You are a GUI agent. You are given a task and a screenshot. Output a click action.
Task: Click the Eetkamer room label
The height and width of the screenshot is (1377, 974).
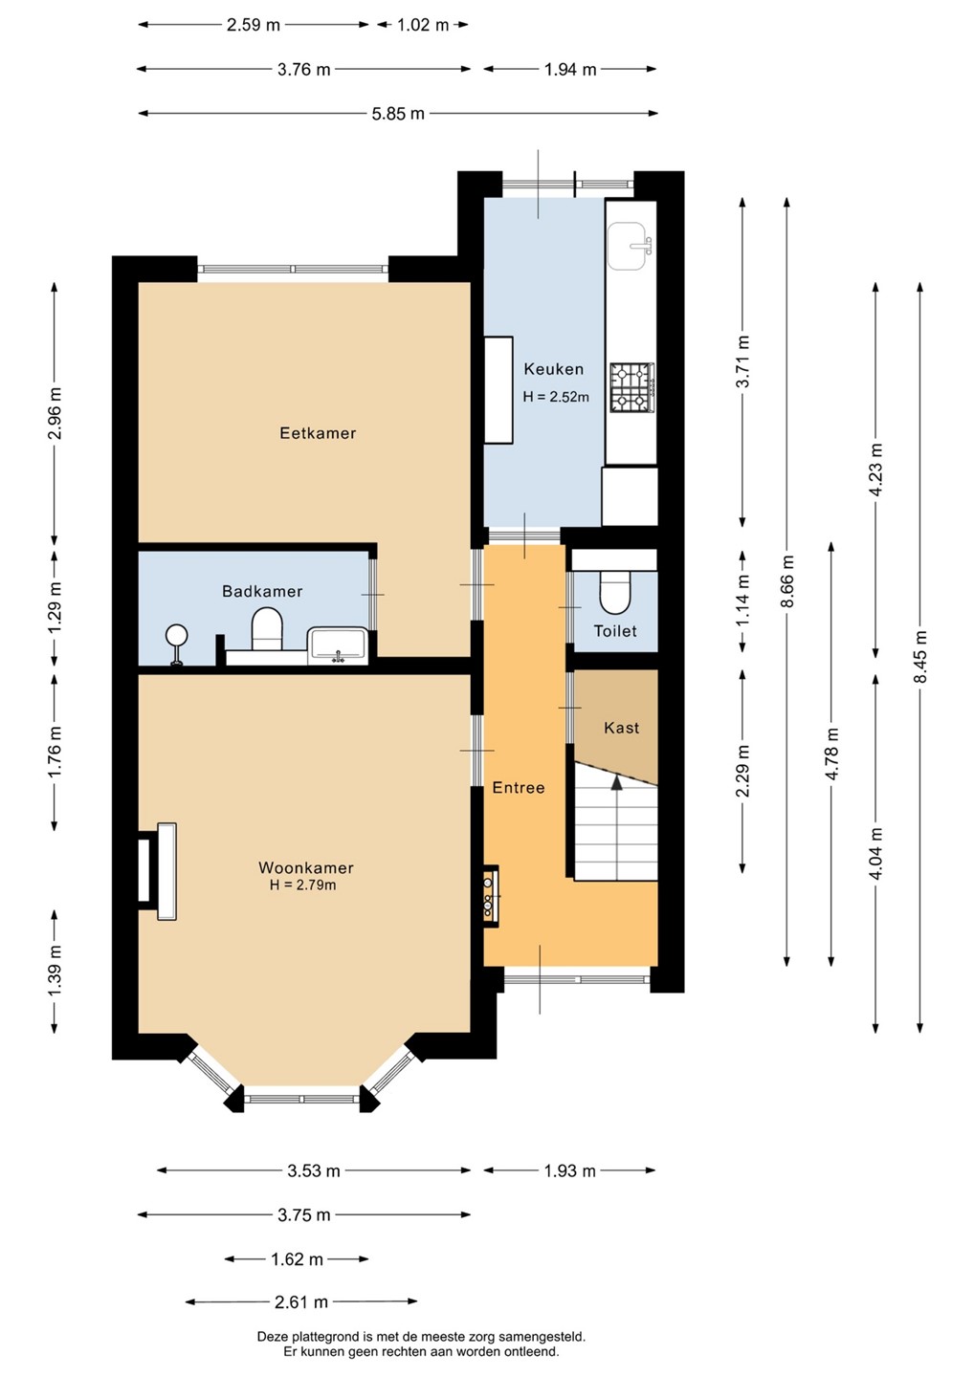point(318,433)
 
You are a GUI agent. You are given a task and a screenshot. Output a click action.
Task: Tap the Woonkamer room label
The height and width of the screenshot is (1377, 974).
point(305,867)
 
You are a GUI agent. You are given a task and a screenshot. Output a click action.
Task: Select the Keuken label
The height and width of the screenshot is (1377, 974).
point(553,369)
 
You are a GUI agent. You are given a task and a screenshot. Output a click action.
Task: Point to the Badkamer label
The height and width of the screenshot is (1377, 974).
point(262,591)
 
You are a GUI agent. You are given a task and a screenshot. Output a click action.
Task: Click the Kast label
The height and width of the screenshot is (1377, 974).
point(622,728)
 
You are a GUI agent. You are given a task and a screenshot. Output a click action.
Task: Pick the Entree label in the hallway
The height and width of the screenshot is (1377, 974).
point(519,788)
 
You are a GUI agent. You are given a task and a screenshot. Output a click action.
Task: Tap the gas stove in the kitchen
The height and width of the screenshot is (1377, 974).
point(632,387)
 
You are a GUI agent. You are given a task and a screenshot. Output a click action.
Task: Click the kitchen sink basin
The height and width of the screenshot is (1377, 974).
point(630,246)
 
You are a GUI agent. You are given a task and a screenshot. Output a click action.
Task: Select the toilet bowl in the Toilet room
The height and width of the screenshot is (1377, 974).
point(615,593)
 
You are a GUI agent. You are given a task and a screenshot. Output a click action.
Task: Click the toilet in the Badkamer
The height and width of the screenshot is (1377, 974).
point(267,629)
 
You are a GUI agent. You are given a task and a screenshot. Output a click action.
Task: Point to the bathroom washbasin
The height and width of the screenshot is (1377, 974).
point(338,646)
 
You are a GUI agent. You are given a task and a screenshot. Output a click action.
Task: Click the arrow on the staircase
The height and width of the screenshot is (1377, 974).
point(616,781)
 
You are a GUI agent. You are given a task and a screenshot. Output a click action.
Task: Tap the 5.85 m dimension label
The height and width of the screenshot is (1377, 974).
point(398,114)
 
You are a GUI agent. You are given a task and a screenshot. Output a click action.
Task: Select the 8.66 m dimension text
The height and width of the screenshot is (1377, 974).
point(787,581)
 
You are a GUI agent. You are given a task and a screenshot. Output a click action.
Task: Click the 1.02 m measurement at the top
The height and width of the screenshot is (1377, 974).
point(423,25)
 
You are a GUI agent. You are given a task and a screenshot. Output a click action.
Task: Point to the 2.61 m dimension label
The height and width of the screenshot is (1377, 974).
point(301,1302)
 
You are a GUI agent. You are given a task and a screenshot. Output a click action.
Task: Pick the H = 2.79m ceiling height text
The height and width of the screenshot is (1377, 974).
point(302,885)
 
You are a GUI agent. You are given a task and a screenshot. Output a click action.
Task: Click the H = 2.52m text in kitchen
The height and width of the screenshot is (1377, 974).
point(556,397)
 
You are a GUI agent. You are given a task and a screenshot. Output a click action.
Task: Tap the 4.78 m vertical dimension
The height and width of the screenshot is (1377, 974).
point(832,754)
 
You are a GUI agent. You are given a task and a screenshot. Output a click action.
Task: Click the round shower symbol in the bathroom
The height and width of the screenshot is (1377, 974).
point(178,634)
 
